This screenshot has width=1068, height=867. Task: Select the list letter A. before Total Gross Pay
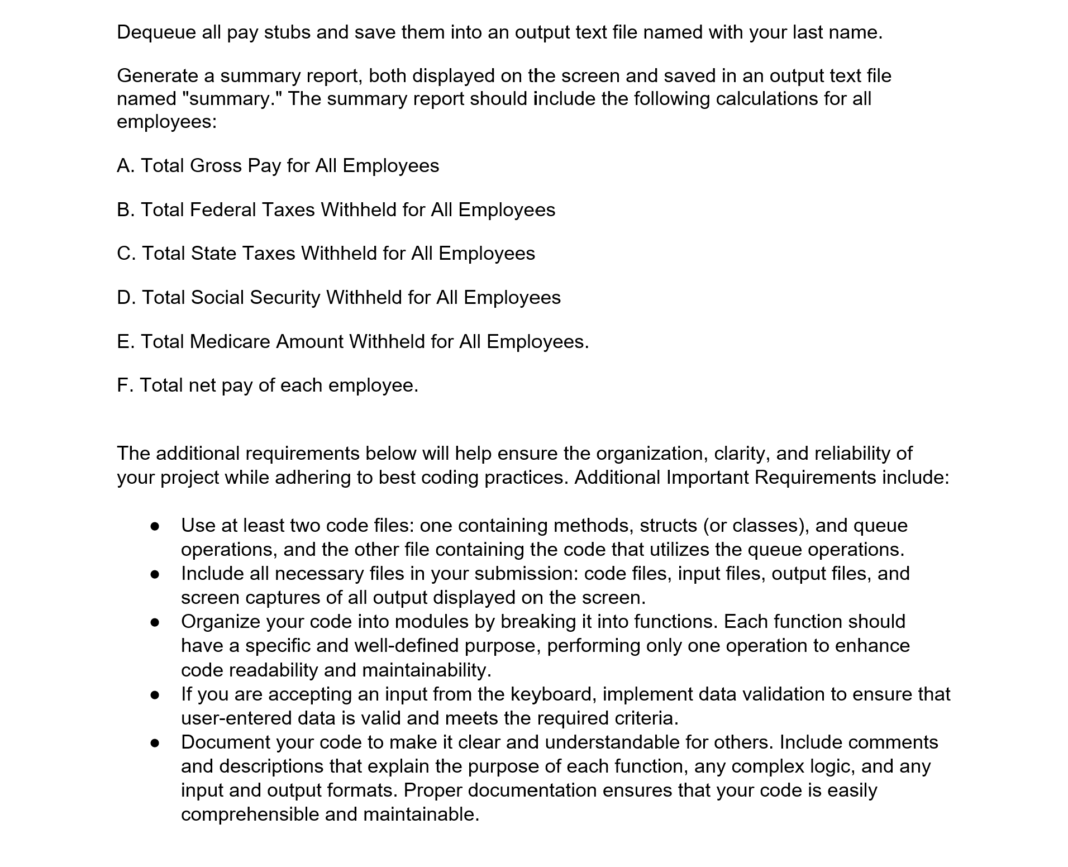click(126, 166)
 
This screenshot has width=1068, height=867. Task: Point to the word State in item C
click(213, 254)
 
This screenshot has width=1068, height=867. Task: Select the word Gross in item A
click(216, 166)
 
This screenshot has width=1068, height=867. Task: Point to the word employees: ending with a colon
click(166, 122)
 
